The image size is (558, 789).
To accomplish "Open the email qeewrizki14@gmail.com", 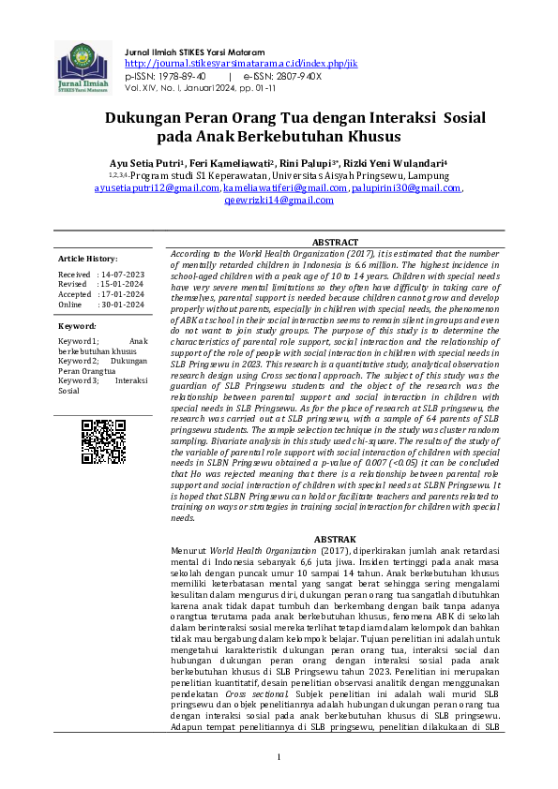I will [279, 200].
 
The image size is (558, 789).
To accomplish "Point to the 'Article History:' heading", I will [87, 258].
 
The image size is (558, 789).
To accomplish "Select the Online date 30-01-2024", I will [121, 305].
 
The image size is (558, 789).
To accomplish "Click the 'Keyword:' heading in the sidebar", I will [77, 326].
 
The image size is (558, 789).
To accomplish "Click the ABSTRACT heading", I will [334, 242].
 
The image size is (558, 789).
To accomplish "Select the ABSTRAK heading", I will [334, 540].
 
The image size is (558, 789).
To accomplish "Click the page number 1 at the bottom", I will [279, 756].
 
